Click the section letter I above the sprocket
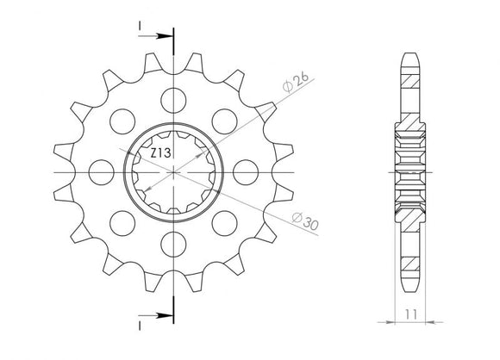point(138,27)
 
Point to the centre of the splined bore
point(174,173)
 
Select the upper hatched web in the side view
point(411,90)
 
